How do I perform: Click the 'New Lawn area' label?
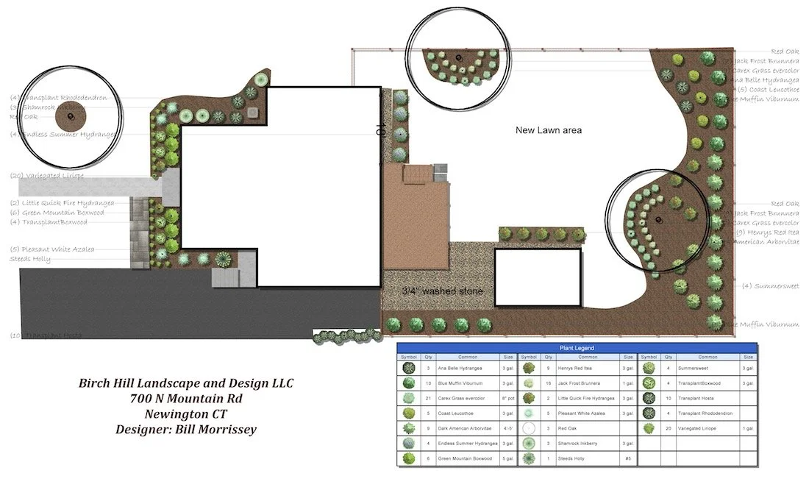coord(549,130)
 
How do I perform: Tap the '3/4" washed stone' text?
coord(442,291)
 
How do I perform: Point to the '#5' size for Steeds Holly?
coord(627,458)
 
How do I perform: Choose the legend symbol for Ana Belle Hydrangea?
coord(407,367)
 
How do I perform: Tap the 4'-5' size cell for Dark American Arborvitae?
coord(508,428)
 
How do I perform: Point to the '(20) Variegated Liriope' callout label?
coord(47,176)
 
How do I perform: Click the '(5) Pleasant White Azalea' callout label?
coord(51,249)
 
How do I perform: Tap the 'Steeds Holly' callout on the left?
coord(30,259)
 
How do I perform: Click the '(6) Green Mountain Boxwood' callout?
coord(57,213)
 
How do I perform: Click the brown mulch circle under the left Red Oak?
coord(71,117)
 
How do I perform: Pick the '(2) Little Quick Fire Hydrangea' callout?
coord(62,203)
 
